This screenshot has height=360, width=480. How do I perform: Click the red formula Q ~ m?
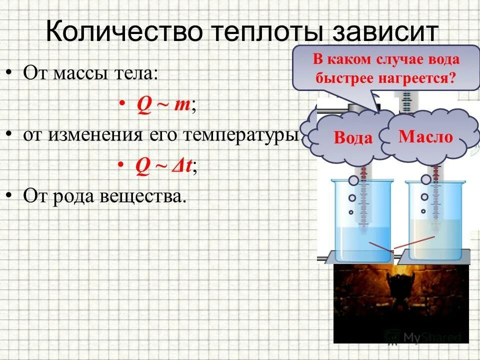coord(162,106)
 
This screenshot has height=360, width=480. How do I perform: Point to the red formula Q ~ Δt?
coord(163,166)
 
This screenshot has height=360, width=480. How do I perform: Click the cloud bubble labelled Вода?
coord(353,138)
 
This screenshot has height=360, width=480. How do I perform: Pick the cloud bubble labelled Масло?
coord(425,137)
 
